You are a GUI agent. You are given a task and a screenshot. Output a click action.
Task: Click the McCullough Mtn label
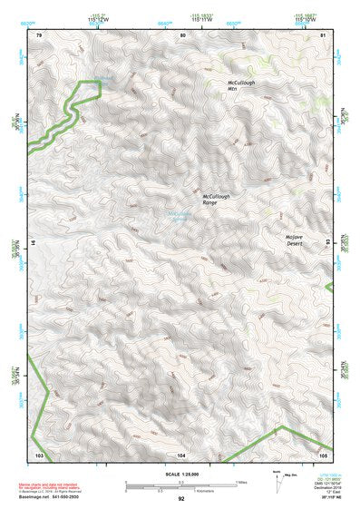pos(243,85)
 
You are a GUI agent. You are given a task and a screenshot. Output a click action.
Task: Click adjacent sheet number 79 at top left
pos(38,34)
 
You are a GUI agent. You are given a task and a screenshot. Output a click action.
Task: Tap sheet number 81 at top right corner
pos(324,34)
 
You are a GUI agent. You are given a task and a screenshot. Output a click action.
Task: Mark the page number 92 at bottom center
pos(181,499)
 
